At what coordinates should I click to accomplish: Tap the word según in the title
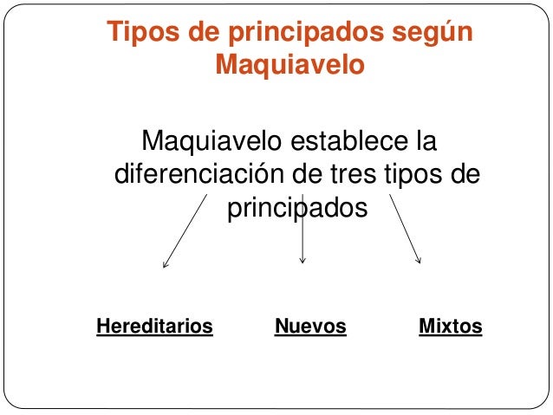tap(429, 33)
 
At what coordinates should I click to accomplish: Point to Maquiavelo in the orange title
tap(290, 64)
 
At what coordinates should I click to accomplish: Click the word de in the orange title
tap(194, 32)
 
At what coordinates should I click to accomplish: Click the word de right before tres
tap(305, 174)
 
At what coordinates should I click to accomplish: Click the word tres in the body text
tap(354, 174)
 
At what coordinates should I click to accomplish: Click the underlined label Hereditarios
tap(154, 327)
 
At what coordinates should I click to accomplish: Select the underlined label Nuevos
tap(310, 327)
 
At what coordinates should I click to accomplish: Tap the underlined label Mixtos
tap(450, 327)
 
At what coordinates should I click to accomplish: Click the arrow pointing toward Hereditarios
tap(185, 230)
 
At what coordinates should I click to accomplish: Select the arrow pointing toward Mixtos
tap(406, 229)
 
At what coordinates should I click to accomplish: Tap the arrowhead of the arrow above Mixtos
tap(419, 259)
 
